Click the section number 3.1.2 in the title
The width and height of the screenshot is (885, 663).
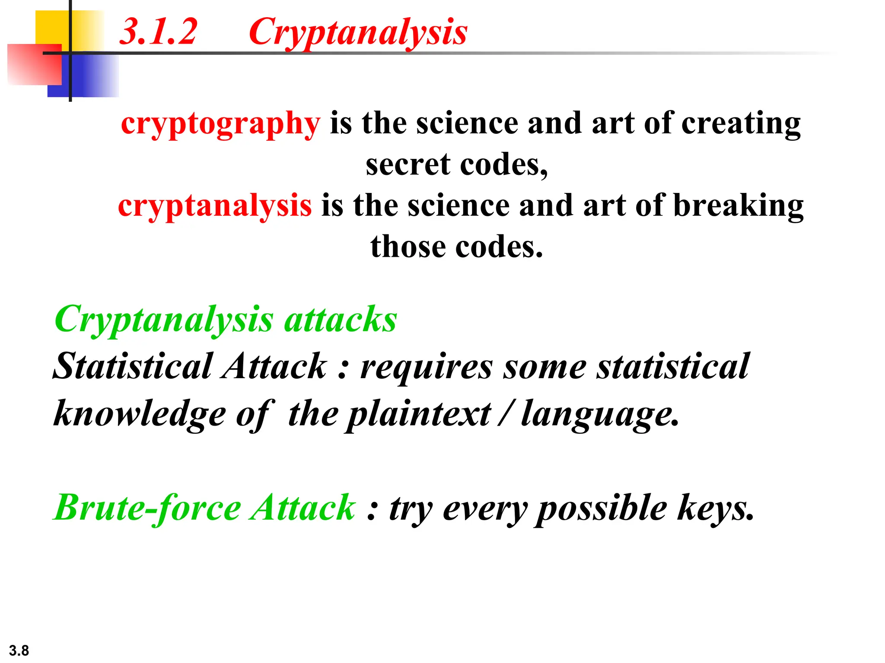(158, 32)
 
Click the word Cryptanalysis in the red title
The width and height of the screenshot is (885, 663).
(358, 33)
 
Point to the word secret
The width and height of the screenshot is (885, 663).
(408, 165)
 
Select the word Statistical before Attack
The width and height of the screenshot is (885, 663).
(133, 366)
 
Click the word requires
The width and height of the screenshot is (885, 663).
(426, 367)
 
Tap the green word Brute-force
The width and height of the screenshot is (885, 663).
(147, 508)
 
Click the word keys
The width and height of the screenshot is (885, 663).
(715, 508)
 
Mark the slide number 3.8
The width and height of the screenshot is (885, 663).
(19, 650)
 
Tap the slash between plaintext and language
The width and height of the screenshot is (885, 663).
(506, 414)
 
